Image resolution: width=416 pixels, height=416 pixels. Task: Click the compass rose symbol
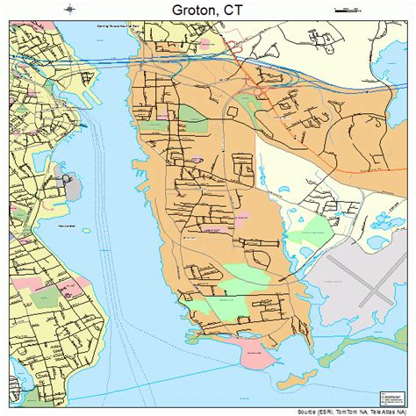[69, 9]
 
